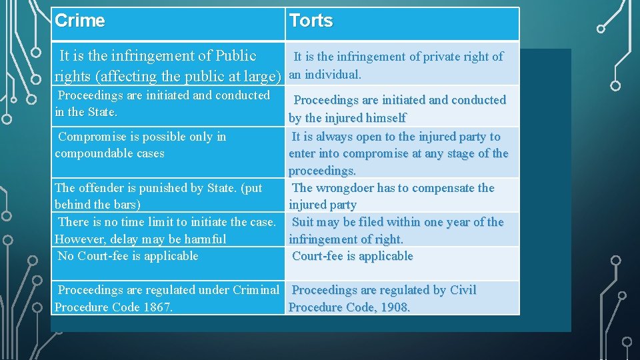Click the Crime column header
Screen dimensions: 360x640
point(80,21)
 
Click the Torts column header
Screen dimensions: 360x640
point(311,21)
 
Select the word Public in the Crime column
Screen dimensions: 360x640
point(233,56)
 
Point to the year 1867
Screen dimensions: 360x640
point(157,307)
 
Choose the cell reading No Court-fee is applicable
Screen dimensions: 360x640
point(128,256)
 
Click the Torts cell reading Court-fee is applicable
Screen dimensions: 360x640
point(353,256)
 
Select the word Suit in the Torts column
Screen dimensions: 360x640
point(303,222)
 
